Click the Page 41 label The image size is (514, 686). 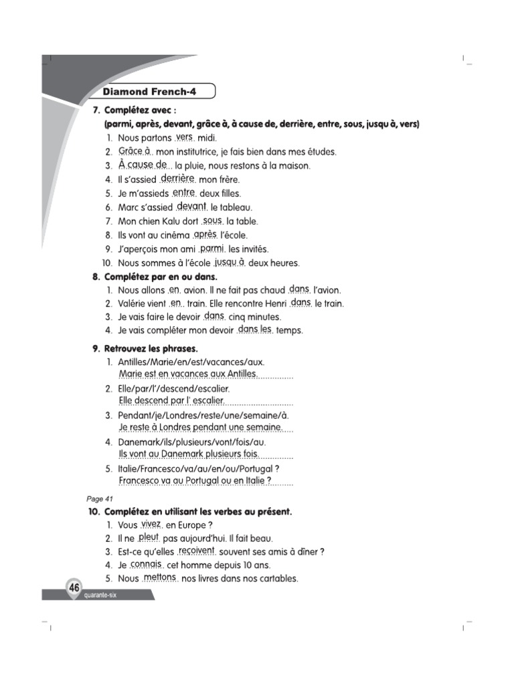coord(100,498)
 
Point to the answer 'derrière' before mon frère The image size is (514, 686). coord(178,178)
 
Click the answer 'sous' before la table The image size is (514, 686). coord(212,220)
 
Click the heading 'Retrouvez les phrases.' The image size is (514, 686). coord(151,348)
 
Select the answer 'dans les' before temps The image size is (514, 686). coord(255,329)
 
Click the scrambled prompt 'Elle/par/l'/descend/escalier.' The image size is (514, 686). coord(173,389)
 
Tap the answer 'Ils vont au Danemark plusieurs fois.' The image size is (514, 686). coord(188,454)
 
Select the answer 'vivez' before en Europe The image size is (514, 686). coord(151,523)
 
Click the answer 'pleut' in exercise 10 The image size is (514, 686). coord(148,537)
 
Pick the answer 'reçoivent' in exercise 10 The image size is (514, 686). coord(196,550)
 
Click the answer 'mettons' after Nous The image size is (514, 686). coord(159,577)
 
